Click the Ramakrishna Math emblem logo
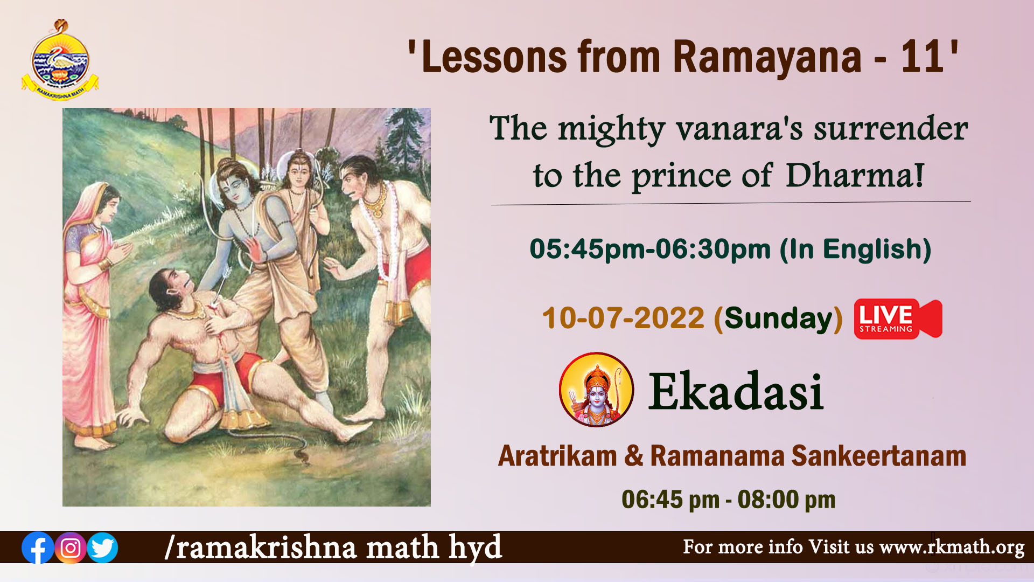60,59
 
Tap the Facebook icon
38,548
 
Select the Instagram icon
71,548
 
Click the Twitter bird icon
102,548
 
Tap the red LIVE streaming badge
898,318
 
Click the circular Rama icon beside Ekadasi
597,390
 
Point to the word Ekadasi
736,392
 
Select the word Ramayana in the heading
767,58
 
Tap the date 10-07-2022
623,318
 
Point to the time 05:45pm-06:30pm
651,250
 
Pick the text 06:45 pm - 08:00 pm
729,500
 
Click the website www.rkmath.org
952,548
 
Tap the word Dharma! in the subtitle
855,175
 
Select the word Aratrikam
557,456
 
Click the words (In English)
856,250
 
